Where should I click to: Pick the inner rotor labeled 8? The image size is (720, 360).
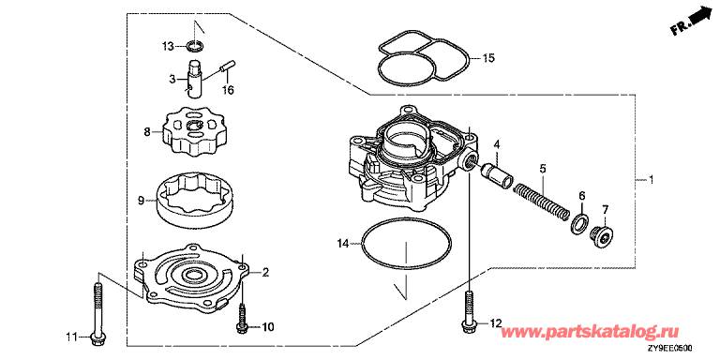tap(194, 130)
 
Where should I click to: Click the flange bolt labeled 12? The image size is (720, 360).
tap(470, 314)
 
